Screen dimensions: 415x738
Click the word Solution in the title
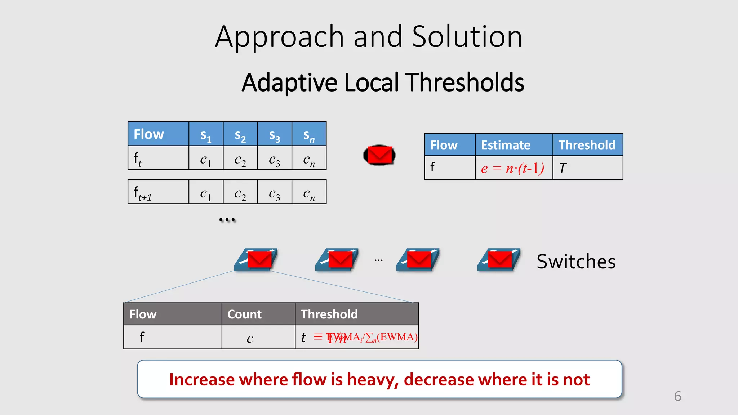467,37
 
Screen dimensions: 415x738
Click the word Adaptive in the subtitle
289,83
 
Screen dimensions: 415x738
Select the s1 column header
206,135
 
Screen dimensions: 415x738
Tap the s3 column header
275,135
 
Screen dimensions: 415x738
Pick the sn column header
309,135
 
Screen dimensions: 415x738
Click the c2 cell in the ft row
240,159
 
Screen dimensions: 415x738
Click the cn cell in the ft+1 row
309,193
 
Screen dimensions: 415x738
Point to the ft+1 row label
143,193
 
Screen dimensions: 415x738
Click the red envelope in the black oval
379,155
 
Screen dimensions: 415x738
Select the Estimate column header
506,145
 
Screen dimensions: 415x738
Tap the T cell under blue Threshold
563,168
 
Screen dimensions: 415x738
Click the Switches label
576,262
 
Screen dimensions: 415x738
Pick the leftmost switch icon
256,260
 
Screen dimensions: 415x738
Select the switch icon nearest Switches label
499,260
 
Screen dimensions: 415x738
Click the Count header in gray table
244,314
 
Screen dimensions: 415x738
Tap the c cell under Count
250,338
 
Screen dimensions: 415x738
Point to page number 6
677,396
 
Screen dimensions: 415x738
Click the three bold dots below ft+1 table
227,219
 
